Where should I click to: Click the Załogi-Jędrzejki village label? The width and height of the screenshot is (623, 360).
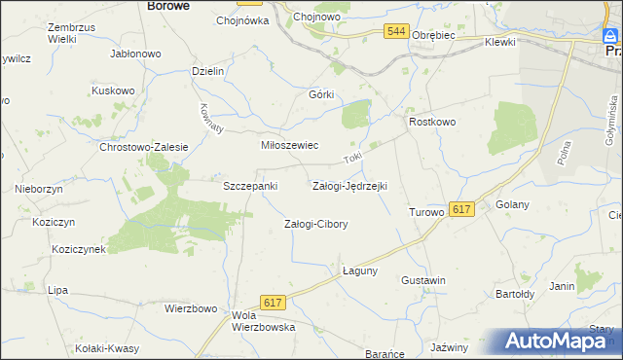point(349,185)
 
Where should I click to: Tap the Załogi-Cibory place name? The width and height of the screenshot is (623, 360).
point(315,224)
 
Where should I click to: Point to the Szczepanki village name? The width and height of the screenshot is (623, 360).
point(251,185)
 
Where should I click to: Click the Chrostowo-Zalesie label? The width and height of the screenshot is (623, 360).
point(143,147)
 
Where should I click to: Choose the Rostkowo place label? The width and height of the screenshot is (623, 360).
point(432,122)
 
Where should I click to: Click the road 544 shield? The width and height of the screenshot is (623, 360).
point(395,32)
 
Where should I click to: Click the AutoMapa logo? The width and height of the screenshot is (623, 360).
point(560,342)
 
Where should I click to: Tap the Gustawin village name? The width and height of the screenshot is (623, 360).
point(422,280)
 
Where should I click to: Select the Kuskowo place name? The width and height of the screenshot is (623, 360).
point(112,90)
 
